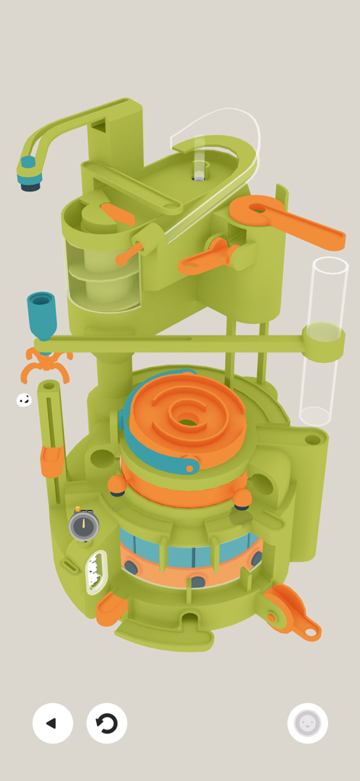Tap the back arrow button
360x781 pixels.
click(x=53, y=723)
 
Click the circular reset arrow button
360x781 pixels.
click(x=107, y=723)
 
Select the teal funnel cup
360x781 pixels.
click(x=41, y=313)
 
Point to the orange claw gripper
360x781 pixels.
click(x=46, y=365)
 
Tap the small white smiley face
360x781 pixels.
click(x=24, y=400)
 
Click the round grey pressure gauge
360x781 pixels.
click(x=84, y=525)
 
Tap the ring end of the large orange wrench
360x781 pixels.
click(x=257, y=211)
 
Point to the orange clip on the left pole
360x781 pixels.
click(x=52, y=461)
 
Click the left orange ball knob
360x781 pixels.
click(x=117, y=484)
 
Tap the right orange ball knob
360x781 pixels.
click(x=243, y=498)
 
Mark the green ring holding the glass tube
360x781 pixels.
click(x=323, y=341)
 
